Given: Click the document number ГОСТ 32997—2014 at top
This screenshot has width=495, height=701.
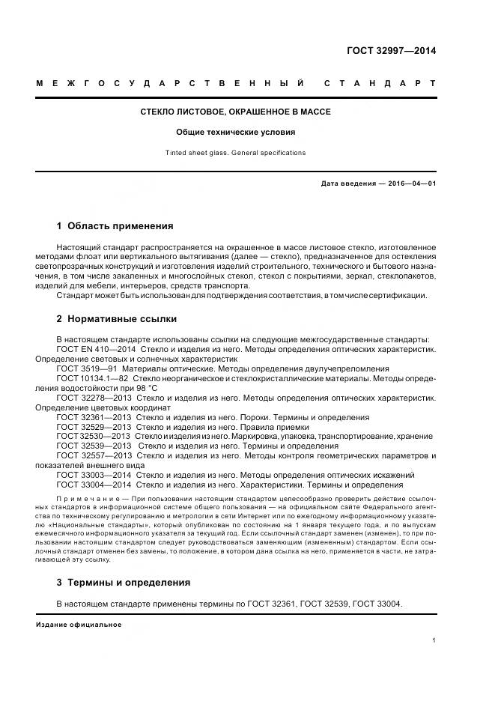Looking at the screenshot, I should pyautogui.click(x=391, y=52).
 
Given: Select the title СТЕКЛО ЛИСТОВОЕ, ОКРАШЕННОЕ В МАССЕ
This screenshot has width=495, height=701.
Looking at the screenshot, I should pyautogui.click(x=236, y=112).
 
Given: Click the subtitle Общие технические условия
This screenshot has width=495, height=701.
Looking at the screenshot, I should pyautogui.click(x=236, y=133).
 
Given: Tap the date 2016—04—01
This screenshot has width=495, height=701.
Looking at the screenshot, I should pyautogui.click(x=410, y=183).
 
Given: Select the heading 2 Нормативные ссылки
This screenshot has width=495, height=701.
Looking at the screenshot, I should pyautogui.click(x=117, y=318).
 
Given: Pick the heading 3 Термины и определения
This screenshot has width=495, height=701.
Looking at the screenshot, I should pyautogui.click(x=124, y=582).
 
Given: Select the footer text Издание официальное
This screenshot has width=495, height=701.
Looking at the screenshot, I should pyautogui.click(x=79, y=624).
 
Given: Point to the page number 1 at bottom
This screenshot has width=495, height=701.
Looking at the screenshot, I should pyautogui.click(x=434, y=640).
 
